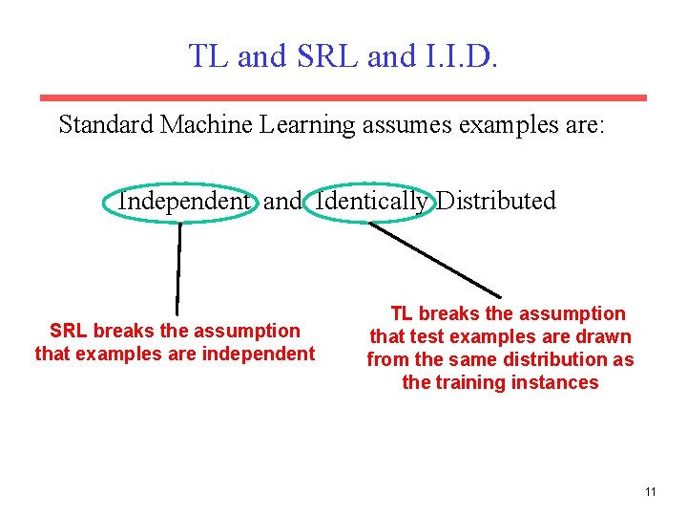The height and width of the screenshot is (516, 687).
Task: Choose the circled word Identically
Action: click(x=371, y=202)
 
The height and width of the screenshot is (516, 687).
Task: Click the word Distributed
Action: click(x=496, y=202)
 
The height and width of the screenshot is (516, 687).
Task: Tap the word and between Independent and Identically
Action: click(x=281, y=202)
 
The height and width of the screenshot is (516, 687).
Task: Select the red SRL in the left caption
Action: click(x=69, y=332)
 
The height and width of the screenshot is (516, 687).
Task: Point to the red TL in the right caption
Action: click(x=402, y=314)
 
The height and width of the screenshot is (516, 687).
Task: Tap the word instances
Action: click(x=557, y=383)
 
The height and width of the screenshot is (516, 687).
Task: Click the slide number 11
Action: click(x=650, y=492)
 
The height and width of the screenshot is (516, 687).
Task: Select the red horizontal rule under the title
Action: click(x=343, y=97)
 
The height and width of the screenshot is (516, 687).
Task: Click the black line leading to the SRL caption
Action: click(x=178, y=268)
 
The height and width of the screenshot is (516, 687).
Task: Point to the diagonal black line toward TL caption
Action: click(x=434, y=259)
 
